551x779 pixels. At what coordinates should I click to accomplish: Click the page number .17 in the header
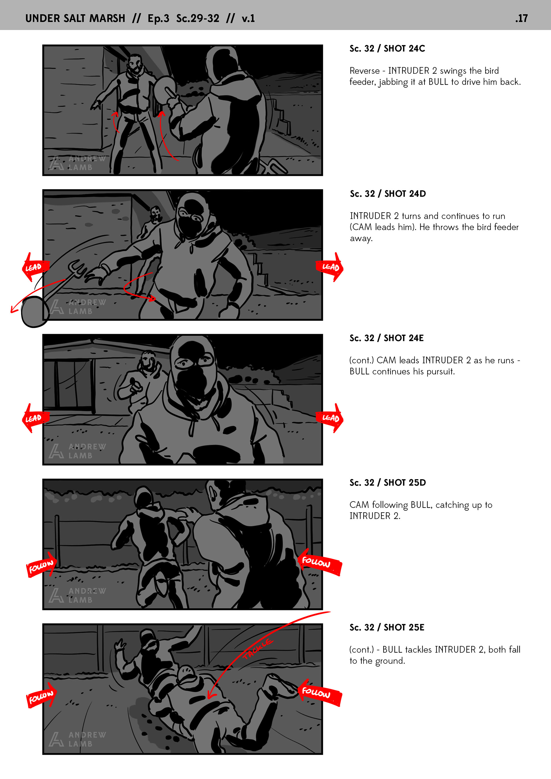click(x=521, y=18)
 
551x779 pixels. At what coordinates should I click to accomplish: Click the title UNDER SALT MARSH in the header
click(x=75, y=18)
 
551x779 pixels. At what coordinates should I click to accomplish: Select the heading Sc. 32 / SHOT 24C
click(x=387, y=48)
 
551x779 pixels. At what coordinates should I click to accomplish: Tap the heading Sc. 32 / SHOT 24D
click(x=388, y=194)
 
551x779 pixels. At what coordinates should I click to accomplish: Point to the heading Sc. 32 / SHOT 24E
click(x=387, y=338)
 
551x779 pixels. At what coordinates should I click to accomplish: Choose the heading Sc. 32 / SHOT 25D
click(x=388, y=482)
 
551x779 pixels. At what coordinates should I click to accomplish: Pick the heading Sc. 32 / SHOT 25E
click(x=387, y=627)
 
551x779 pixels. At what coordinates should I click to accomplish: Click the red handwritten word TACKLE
click(x=257, y=649)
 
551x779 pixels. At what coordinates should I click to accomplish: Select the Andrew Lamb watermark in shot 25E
click(x=77, y=739)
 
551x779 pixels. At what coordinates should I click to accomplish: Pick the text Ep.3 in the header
click(x=158, y=18)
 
